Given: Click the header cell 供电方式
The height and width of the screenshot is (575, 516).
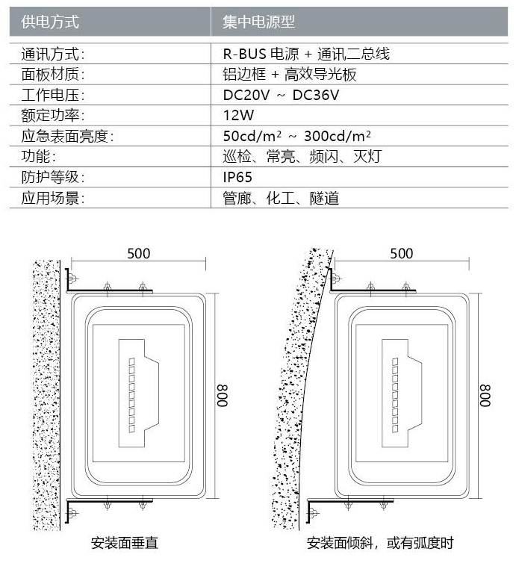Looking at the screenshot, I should point(51,22).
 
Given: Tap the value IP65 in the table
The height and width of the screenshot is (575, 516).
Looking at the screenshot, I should point(237,178).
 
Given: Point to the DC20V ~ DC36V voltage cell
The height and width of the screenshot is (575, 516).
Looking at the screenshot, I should point(282,95).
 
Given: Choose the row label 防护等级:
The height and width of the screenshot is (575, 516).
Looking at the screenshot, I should point(53,178).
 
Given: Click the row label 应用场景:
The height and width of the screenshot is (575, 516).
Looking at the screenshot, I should point(53,199).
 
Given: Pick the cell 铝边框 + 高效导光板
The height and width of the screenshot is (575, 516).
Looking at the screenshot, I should point(290,75).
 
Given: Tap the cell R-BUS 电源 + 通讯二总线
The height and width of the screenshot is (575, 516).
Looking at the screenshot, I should point(306,54).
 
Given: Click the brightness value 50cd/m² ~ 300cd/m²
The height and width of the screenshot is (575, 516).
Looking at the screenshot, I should point(297,137).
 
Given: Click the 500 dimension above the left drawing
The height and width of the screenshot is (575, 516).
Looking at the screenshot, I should point(138,253).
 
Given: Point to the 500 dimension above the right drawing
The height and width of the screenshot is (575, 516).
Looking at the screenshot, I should point(401,253).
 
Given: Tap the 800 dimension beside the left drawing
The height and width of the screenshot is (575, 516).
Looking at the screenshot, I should point(223,394).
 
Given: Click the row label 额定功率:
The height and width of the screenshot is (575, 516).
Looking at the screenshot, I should point(53,116).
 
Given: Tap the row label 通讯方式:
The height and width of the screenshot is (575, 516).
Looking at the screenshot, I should point(53,54).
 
